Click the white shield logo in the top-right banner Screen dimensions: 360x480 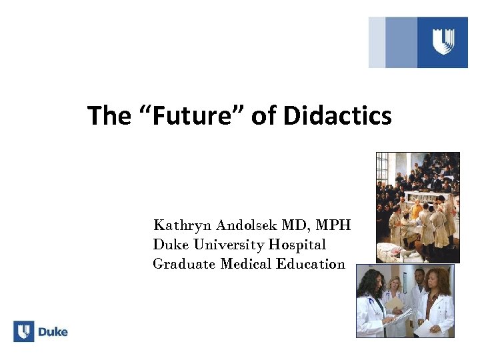(x=443, y=42)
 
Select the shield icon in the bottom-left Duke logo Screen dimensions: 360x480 (x=24, y=331)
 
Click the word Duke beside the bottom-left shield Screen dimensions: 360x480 (x=53, y=331)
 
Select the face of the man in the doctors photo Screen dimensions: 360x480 (x=419, y=278)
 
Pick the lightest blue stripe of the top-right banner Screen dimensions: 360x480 (x=377, y=42)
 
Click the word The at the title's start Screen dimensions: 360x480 (x=109, y=116)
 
